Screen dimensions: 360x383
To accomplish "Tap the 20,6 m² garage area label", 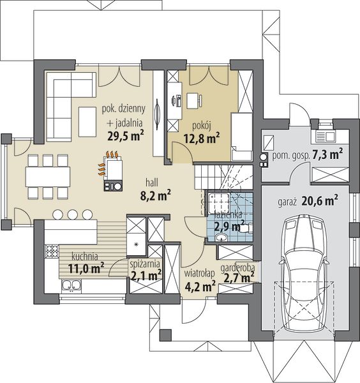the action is click(320, 201).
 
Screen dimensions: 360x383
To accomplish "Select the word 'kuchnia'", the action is click(85, 257).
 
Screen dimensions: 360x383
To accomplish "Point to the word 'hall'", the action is click(152, 182).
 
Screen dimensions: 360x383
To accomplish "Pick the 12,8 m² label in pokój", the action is click(202, 139).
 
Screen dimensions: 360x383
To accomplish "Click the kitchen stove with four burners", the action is click(52, 251).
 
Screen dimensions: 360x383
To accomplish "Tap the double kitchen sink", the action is click(71, 286).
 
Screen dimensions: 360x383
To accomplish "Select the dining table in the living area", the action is click(48, 177).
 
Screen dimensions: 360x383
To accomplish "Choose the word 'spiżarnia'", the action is click(145, 264).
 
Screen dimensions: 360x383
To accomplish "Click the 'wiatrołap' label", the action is click(199, 273).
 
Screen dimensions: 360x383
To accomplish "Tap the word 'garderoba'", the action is click(237, 268).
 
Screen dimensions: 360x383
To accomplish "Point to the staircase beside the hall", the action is click(223, 177).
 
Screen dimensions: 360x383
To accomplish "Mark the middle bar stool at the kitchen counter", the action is click(73, 214).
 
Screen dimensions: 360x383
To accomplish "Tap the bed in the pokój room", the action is click(242, 137).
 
